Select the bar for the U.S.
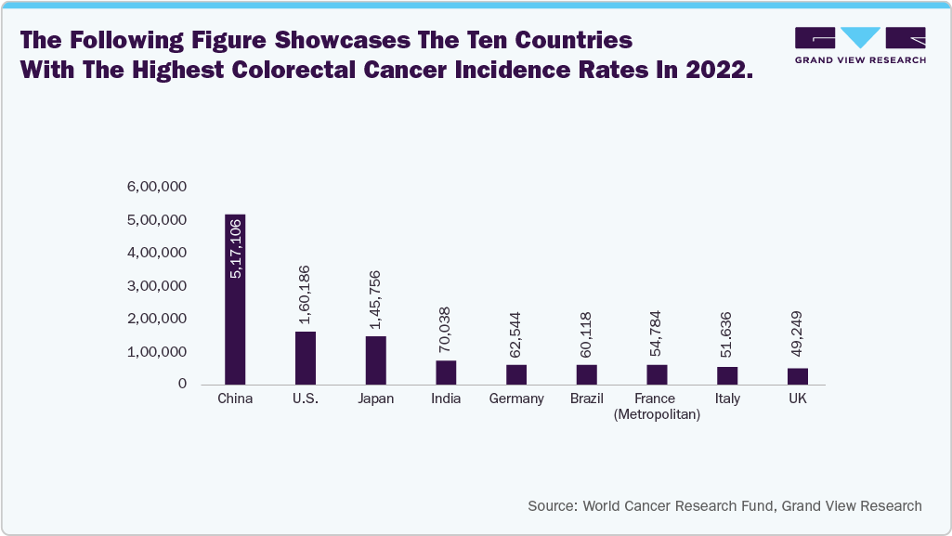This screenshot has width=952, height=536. coord(306,358)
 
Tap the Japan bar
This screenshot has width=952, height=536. coord(375,360)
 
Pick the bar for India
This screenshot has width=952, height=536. coord(446,373)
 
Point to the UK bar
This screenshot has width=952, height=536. coord(798,376)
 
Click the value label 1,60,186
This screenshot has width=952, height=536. coord(306,294)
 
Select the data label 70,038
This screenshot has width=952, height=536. coord(446,329)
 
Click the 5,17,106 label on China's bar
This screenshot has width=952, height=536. coord(236,248)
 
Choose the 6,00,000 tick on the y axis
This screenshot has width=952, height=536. coord(158,187)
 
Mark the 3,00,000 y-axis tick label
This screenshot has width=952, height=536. coord(158,285)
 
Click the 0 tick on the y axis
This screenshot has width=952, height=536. coord(183,384)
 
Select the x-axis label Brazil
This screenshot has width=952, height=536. coord(587,399)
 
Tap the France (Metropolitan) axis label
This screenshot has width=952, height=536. coord(657,407)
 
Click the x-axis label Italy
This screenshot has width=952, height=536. coord(727,399)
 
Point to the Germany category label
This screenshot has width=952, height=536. coord(516,399)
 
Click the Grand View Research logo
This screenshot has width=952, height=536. coord(860,46)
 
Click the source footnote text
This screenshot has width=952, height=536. coord(724,506)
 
